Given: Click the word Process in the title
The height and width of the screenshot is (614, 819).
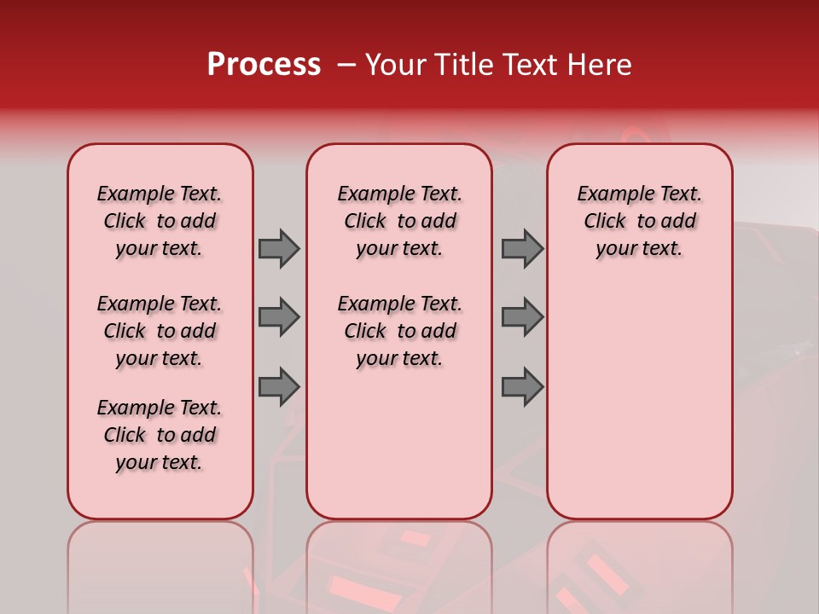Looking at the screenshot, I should pyautogui.click(x=264, y=65).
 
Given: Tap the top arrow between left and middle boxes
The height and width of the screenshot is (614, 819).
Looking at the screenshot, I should pyautogui.click(x=279, y=248).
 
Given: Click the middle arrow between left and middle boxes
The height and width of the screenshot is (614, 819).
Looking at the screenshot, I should pyautogui.click(x=279, y=317).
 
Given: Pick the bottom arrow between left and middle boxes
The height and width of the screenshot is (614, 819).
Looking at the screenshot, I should pyautogui.click(x=279, y=387).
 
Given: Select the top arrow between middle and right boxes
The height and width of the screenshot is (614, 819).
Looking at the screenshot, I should pyautogui.click(x=521, y=248).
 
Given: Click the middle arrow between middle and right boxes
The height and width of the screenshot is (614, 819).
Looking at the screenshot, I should pyautogui.click(x=521, y=317).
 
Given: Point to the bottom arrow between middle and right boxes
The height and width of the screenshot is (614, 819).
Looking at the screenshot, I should pyautogui.click(x=521, y=387).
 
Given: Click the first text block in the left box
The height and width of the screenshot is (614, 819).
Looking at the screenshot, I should pyautogui.click(x=160, y=221).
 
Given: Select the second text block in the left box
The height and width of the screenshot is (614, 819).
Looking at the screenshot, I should pyautogui.click(x=160, y=331).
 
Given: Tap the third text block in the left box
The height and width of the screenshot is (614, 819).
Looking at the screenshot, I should pyautogui.click(x=160, y=435).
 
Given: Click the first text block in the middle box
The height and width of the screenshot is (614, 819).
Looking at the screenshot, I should pyautogui.click(x=399, y=221).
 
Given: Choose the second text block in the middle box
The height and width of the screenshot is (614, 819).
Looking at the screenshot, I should pyautogui.click(x=399, y=331).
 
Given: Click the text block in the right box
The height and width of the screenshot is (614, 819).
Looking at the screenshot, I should pyautogui.click(x=639, y=221).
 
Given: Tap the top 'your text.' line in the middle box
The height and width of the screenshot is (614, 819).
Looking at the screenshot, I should pyautogui.click(x=399, y=249).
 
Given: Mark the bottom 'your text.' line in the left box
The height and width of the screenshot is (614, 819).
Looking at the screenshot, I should pyautogui.click(x=160, y=462).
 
